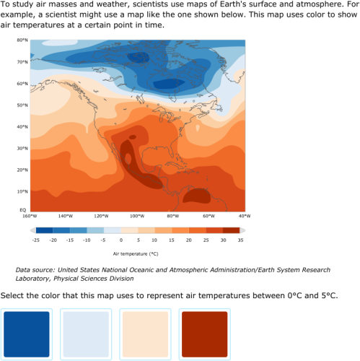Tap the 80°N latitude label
tap(22, 40)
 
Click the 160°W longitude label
tap(29, 216)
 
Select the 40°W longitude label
tap(244, 216)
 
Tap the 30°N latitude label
tap(22, 148)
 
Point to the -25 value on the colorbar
tap(35, 239)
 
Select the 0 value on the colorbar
tap(120, 239)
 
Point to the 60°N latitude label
tap(22, 84)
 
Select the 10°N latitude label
tap(22, 191)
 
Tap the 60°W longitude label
tap(208, 216)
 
